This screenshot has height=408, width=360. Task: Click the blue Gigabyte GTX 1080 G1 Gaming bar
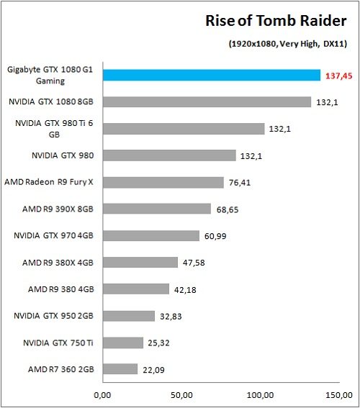211,75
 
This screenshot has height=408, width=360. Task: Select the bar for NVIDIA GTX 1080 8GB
207,102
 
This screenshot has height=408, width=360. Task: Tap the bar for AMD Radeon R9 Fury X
163,182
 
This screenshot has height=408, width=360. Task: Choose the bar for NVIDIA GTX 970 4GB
150,235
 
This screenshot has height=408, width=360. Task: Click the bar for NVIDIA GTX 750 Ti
122,343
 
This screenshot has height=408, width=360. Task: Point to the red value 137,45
338,75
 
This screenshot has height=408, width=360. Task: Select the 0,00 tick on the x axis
103,395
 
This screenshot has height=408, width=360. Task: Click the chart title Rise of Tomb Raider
277,22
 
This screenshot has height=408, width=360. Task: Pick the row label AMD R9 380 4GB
60,289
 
